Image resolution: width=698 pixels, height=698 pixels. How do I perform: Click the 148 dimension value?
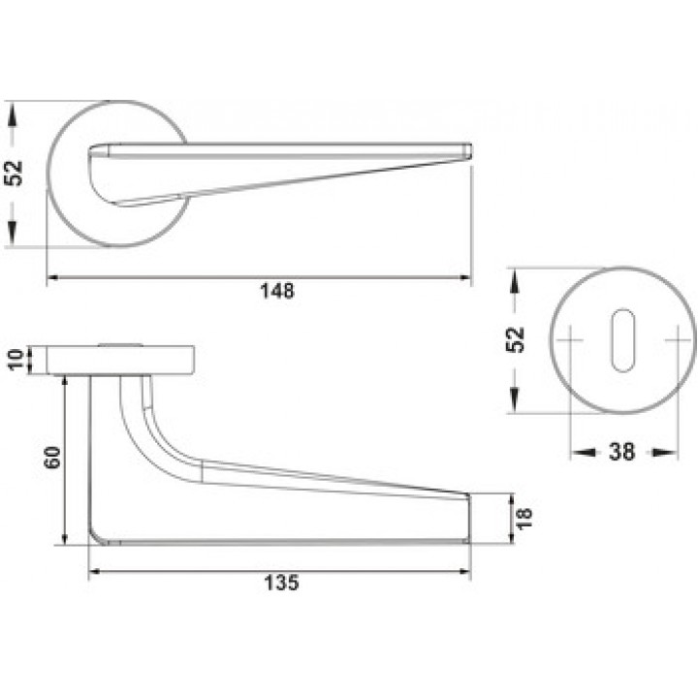(277, 291)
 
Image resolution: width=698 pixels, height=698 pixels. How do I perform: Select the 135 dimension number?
(281, 583)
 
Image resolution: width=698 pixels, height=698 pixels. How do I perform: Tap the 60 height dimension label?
(52, 457)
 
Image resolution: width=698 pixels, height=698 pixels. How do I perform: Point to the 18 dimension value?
(524, 518)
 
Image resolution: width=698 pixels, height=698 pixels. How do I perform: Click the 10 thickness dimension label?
(16, 360)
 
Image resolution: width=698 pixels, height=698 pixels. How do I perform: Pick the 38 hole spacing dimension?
(621, 452)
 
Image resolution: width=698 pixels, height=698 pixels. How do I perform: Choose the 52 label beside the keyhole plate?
(515, 339)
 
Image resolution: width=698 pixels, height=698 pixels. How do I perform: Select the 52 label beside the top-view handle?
(14, 174)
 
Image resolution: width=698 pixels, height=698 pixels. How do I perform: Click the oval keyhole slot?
(622, 340)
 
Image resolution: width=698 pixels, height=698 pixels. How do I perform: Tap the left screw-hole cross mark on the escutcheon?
(570, 340)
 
